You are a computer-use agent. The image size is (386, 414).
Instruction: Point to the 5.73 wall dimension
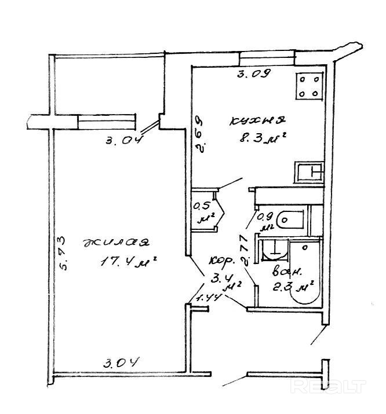64,252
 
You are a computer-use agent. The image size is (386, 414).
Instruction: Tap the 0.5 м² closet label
202,212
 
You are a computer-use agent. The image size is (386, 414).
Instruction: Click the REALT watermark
344,387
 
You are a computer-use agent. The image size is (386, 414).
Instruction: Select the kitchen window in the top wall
267,57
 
